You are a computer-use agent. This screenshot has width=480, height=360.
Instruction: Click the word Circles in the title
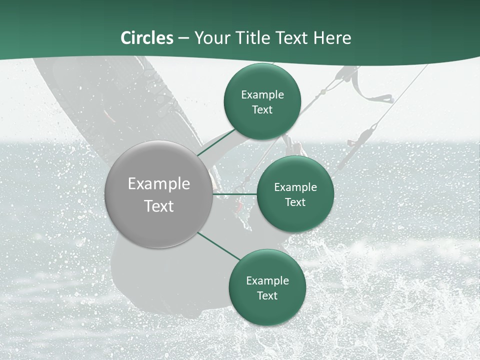[x=147, y=38]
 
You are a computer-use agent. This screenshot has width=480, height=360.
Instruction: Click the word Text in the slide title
[x=292, y=38]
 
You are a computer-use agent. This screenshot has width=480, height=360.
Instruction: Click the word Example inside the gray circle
[x=159, y=184]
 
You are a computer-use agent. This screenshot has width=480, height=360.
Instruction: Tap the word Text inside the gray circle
[x=159, y=206]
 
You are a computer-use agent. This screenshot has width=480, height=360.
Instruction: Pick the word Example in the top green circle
[x=262, y=95]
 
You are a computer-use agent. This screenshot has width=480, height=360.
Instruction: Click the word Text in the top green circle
[x=262, y=110]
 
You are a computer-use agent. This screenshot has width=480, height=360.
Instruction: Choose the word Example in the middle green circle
[x=295, y=187]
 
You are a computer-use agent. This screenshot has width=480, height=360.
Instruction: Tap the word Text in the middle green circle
[x=295, y=202]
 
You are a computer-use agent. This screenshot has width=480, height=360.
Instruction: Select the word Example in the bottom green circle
[x=267, y=281]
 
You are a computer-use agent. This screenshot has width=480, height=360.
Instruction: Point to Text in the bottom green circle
[x=267, y=296]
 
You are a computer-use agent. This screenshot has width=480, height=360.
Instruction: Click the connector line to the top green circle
[x=216, y=142]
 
